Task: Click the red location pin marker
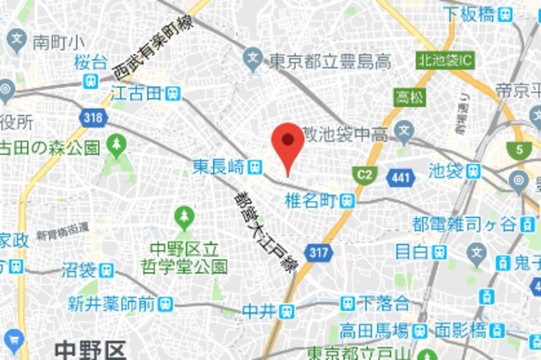coord(289,145)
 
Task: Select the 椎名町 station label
coord(313,199)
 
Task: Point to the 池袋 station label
coord(446,171)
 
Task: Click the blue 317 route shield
coord(318,251)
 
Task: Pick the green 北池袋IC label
coord(445,60)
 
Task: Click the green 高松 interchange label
coord(406,96)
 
